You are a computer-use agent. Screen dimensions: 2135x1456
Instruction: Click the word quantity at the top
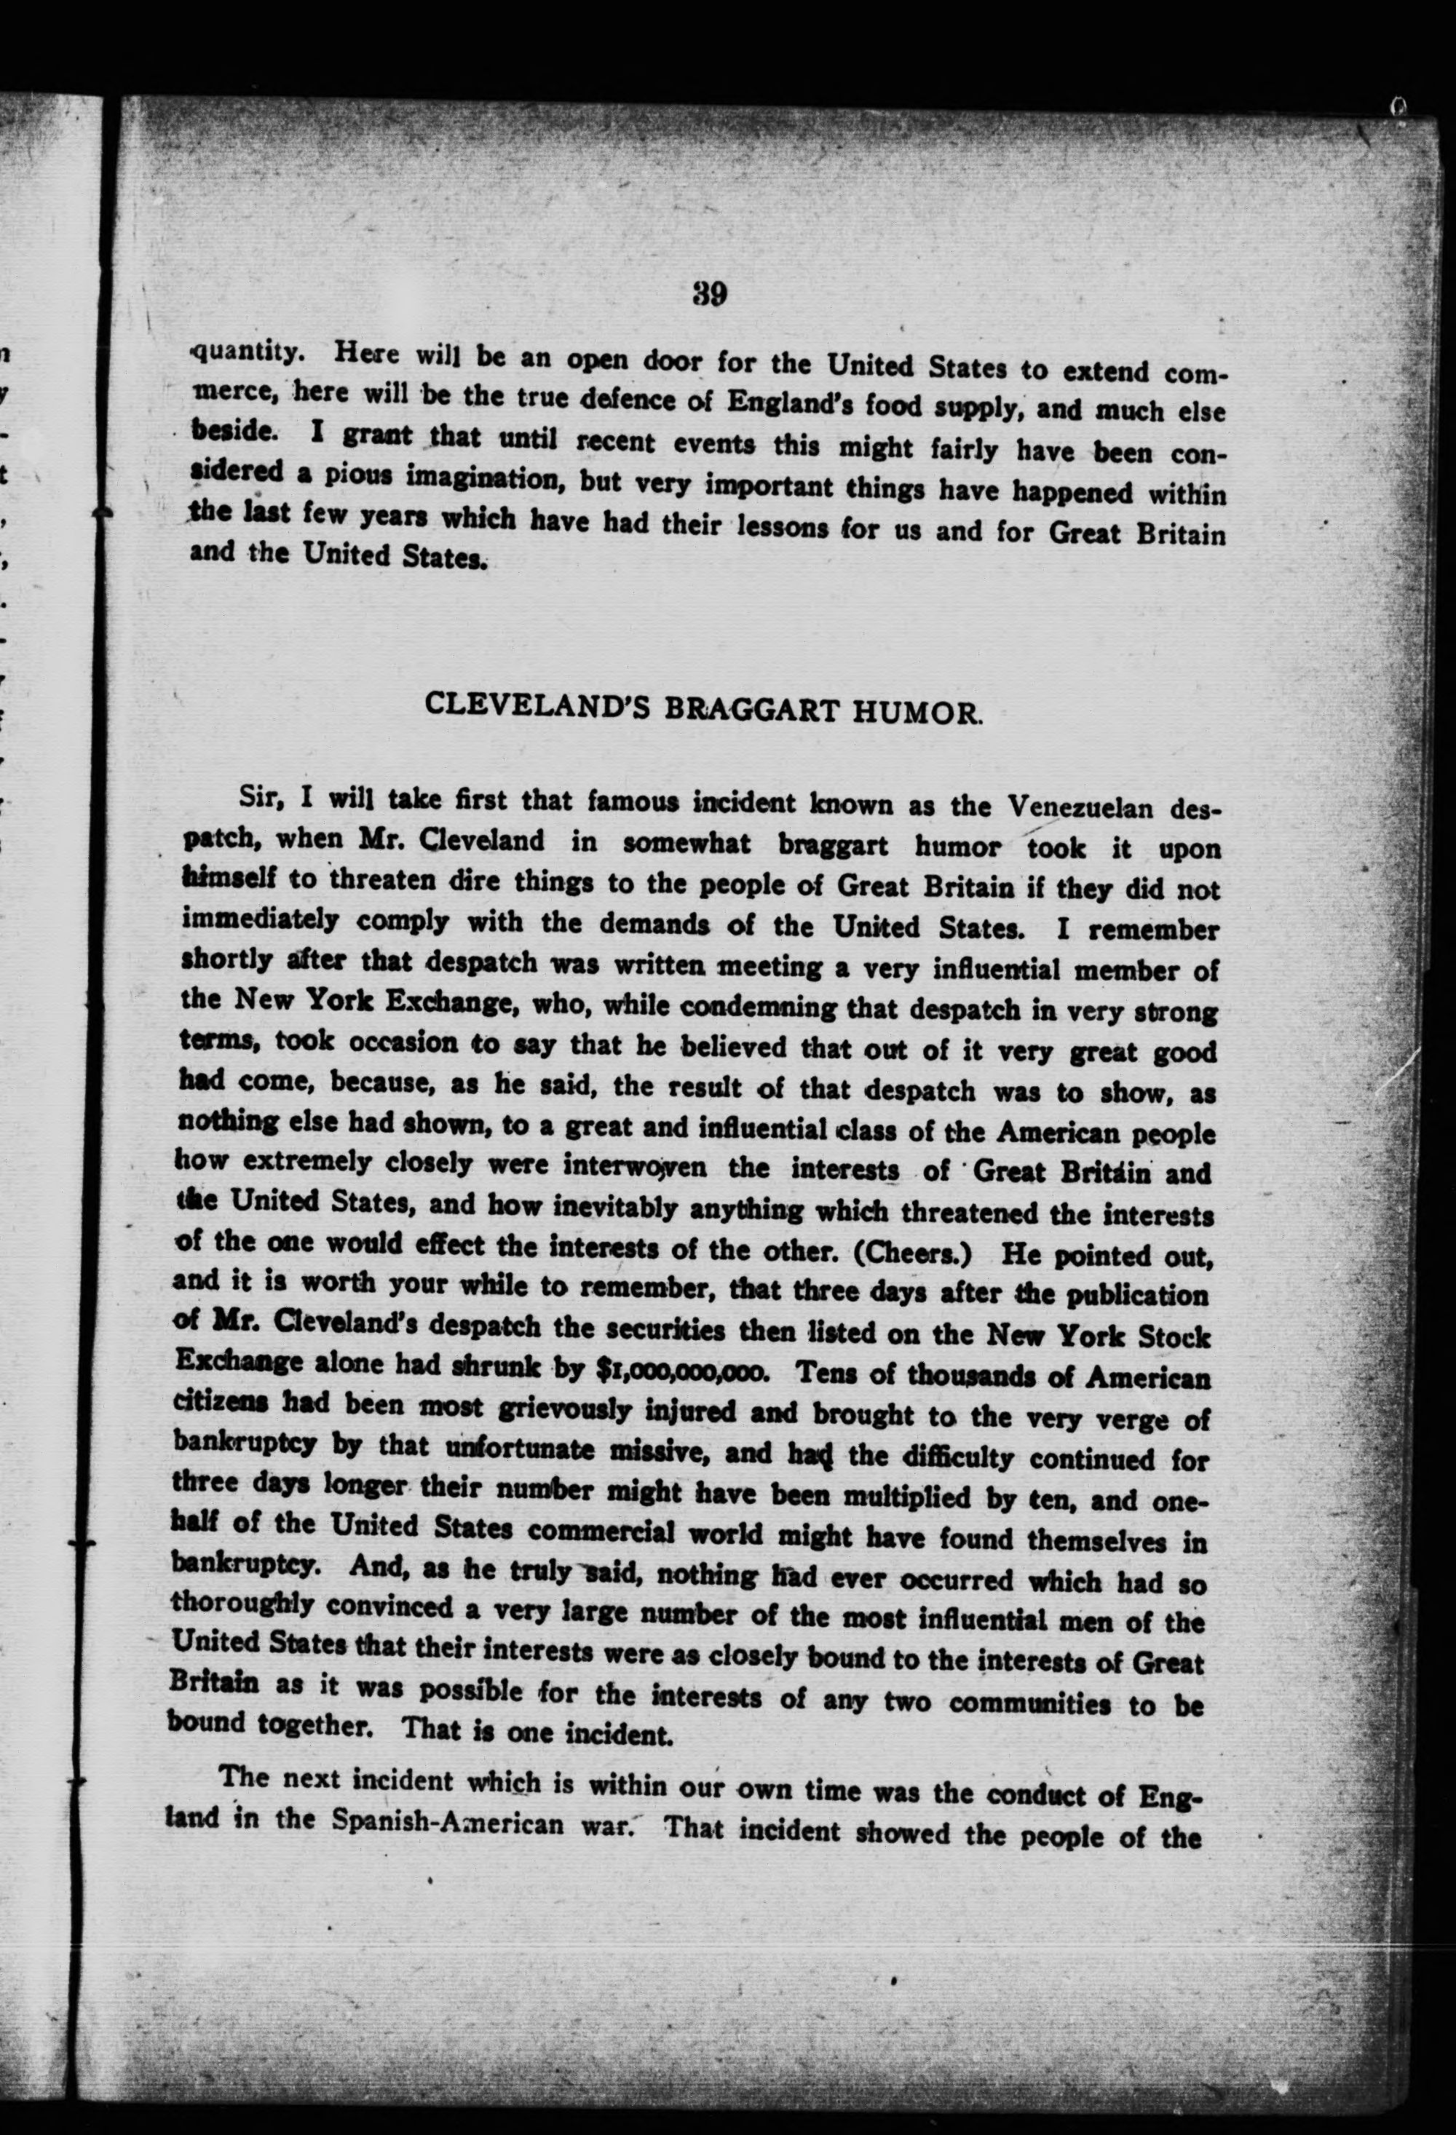pos(245,352)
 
